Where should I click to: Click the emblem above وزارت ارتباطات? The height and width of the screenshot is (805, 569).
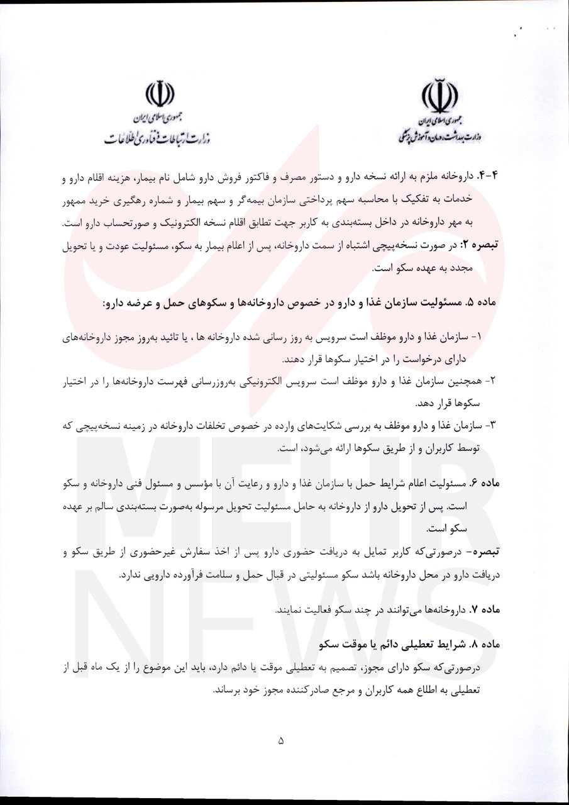pyautogui.click(x=160, y=94)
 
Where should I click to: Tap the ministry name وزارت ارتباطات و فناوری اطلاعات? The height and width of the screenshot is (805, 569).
pyautogui.click(x=157, y=138)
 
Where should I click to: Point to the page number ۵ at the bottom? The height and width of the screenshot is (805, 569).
pyautogui.click(x=281, y=741)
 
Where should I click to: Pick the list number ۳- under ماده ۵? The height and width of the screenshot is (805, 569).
pyautogui.click(x=493, y=426)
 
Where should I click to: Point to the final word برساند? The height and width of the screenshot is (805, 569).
pyautogui.click(x=229, y=689)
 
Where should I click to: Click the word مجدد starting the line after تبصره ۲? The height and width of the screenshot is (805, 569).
pyautogui.click(x=492, y=268)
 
